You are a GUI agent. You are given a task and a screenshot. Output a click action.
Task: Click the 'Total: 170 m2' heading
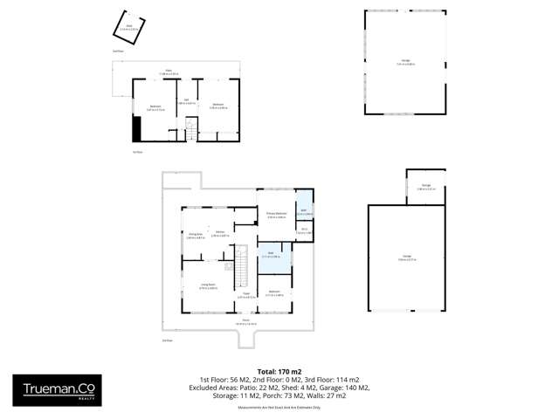click(279, 370)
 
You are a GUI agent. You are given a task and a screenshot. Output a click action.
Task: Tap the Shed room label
click(129, 27)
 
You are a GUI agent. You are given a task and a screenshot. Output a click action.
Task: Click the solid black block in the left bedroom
click(136, 129)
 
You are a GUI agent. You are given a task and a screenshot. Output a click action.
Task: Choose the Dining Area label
click(195, 235)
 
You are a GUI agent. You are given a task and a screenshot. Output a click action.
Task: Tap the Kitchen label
click(221, 234)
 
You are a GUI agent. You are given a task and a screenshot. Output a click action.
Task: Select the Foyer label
click(246, 295)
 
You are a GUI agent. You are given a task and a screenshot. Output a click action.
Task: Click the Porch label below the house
click(245, 321)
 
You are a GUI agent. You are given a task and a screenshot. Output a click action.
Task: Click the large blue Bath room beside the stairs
click(273, 256)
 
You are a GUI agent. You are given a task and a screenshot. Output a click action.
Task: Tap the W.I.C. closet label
click(302, 231)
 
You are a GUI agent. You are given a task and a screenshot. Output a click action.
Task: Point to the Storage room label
click(425, 186)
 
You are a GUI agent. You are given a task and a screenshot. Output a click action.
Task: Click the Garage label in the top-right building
click(405, 61)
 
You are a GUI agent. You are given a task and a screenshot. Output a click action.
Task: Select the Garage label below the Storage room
click(407, 258)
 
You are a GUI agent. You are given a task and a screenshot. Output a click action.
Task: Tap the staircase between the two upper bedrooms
click(190, 133)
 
